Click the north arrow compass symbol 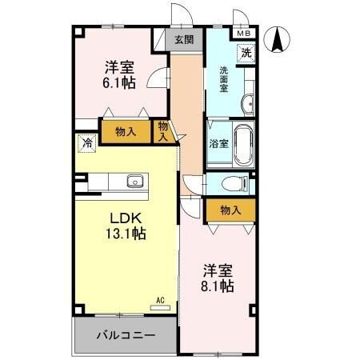(x=278, y=38)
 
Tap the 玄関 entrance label (x=183, y=38)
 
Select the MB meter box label (x=242, y=34)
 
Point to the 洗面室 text (x=225, y=78)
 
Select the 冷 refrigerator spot (x=86, y=143)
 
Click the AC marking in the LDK (x=160, y=301)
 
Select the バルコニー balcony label (x=125, y=334)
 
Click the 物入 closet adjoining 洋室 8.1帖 (x=230, y=210)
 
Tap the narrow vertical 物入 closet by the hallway (x=163, y=130)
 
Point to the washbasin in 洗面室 (x=248, y=102)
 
